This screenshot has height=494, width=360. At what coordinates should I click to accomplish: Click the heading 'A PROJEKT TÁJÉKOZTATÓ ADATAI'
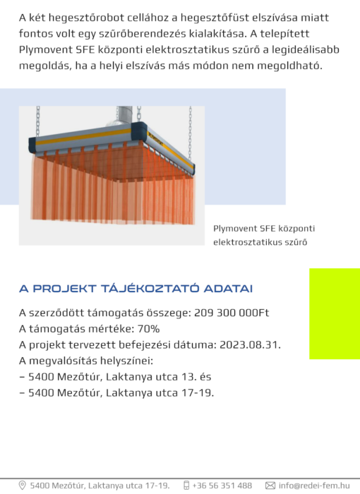pyautogui.click(x=136, y=289)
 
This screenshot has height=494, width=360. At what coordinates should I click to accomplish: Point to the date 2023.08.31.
pyautogui.click(x=252, y=344)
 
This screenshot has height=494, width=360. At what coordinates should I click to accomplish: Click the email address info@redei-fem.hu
pyautogui.click(x=313, y=486)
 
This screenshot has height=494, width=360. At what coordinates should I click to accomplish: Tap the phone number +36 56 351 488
pyautogui.click(x=222, y=486)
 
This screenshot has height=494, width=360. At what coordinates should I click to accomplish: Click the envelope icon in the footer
pyautogui.click(x=270, y=486)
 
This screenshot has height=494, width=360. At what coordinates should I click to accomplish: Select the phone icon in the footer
pyautogui.click(x=186, y=486)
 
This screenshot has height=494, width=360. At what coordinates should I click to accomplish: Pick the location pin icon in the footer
pyautogui.click(x=22, y=486)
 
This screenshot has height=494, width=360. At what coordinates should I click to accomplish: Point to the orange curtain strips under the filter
pyautogui.click(x=113, y=187)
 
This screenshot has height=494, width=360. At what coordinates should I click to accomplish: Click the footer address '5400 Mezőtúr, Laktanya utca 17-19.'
pyautogui.click(x=100, y=486)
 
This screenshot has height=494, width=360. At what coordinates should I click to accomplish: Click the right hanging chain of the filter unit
pyautogui.click(x=190, y=131)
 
